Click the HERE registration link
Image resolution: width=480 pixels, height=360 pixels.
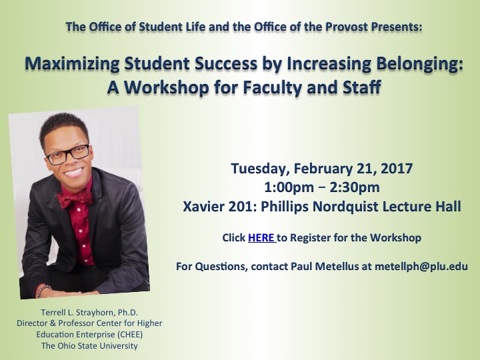pos(261,238)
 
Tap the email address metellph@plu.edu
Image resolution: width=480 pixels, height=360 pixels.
pos(421,266)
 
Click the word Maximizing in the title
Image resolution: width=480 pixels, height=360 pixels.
pos(72,64)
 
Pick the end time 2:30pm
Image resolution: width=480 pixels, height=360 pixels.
pos(355,187)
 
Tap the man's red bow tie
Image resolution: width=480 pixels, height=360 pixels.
pos(75,198)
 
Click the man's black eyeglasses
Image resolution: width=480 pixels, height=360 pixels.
pos(68,154)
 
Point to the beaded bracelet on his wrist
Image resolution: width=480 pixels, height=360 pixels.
pos(42,291)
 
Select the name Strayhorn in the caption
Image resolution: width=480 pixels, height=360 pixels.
pos(95,313)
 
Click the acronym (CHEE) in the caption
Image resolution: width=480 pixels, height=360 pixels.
pos(129,335)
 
